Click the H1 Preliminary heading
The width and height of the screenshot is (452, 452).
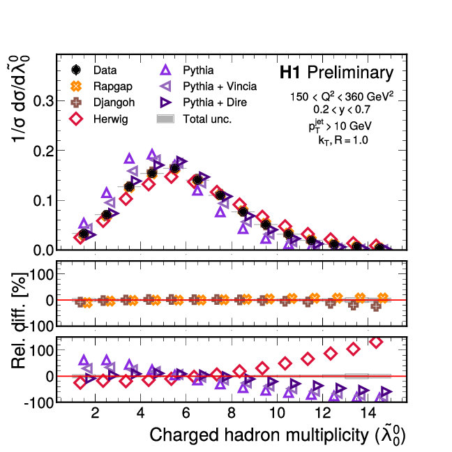click(336, 73)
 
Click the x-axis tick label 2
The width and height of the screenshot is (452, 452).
click(95, 411)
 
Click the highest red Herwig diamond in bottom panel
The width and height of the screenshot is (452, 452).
click(377, 342)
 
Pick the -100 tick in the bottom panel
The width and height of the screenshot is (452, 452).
click(39, 402)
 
